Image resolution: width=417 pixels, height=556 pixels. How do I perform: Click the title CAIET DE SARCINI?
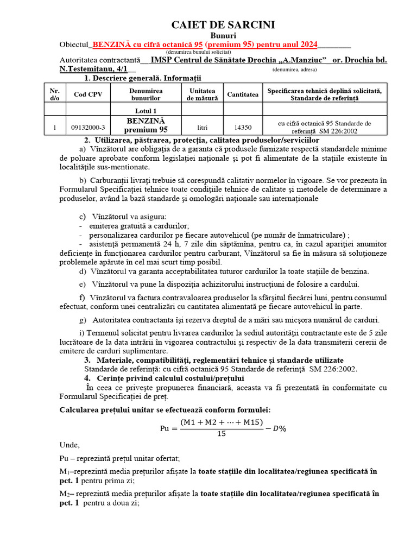point(223,25)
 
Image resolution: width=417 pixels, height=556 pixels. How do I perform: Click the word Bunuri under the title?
point(223,35)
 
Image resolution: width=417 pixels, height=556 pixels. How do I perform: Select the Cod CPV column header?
point(87,94)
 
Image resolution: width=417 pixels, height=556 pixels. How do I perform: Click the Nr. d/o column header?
point(55,94)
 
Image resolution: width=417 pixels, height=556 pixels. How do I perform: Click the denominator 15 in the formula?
point(221,433)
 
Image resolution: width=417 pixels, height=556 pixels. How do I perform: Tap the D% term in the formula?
point(279,428)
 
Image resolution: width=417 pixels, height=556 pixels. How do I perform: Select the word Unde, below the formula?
point(69,444)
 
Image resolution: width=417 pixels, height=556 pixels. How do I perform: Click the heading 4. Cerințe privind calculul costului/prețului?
point(164,378)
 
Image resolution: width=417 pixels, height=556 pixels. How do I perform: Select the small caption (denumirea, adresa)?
point(295,69)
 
